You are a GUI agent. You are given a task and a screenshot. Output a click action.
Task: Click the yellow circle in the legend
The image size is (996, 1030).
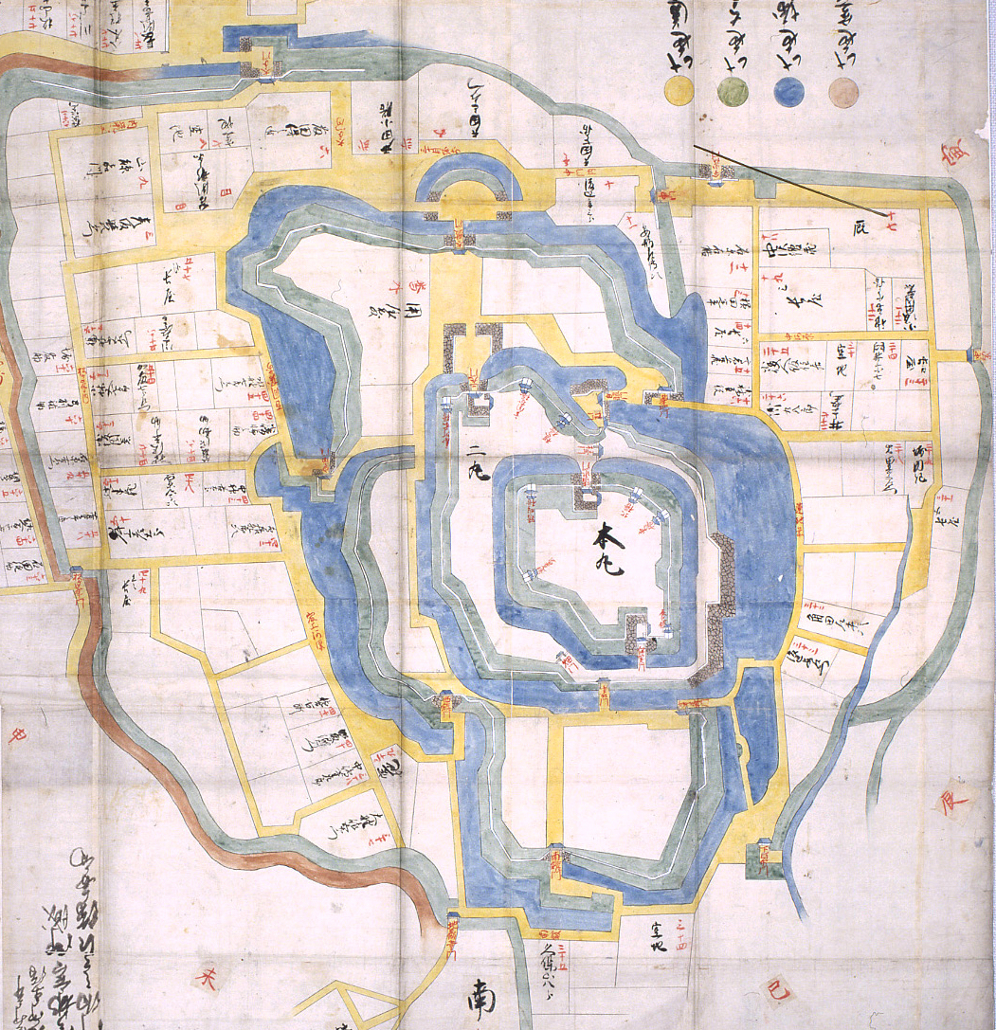679,91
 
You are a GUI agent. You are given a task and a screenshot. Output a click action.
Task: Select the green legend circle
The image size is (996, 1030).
733,92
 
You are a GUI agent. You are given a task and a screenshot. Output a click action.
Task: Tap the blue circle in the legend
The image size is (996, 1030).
788,92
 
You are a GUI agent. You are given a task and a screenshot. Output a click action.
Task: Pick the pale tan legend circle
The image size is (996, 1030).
843,92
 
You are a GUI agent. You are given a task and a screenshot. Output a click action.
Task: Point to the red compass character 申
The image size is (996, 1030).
16,734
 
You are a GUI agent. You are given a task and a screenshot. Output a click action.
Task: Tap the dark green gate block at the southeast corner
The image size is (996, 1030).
762,860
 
